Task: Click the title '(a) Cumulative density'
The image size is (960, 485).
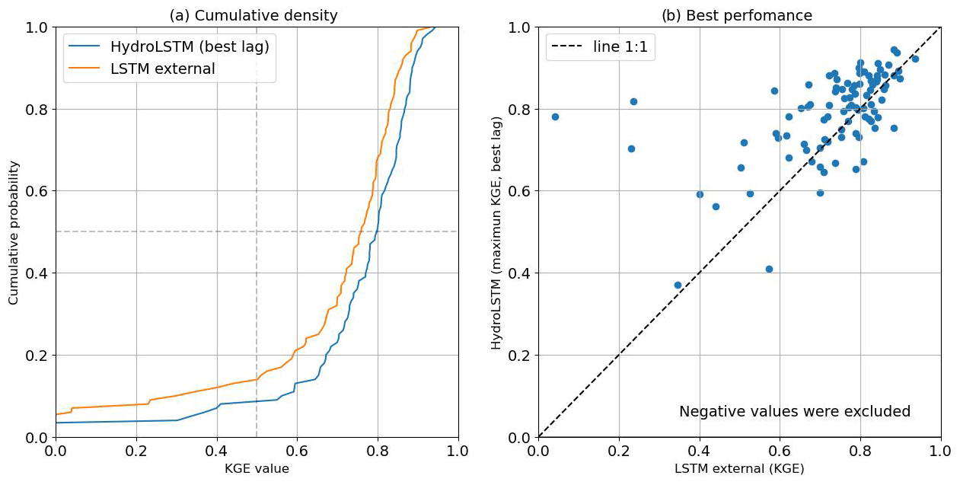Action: (x=254, y=15)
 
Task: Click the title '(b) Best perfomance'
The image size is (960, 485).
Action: (x=738, y=15)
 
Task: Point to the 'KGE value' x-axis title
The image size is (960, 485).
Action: (x=257, y=469)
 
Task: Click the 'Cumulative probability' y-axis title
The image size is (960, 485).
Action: (x=14, y=232)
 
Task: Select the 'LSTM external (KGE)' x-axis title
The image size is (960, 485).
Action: (x=739, y=469)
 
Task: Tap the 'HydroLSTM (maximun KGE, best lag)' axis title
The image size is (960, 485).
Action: (x=497, y=232)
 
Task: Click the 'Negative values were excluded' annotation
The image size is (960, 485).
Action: (x=794, y=412)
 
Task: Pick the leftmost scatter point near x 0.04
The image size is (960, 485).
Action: (x=555, y=116)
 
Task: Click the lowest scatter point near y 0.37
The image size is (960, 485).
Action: (x=678, y=285)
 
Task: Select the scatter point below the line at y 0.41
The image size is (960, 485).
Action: (x=769, y=269)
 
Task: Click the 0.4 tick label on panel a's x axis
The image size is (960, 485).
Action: (x=217, y=451)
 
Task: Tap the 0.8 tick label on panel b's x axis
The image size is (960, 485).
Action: (x=860, y=451)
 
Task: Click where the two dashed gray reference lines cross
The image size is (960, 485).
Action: (x=257, y=231)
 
